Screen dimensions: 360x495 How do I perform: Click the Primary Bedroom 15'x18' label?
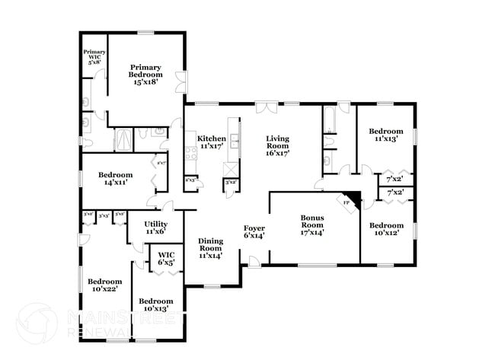pos(145,75)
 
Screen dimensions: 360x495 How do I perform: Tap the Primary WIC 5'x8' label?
pos(94,58)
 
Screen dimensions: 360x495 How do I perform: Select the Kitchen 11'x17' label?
pos(212,143)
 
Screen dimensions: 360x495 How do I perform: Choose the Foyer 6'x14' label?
pos(254,232)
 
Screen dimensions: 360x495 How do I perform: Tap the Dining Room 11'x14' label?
pos(210,248)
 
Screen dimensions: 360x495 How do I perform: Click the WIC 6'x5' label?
pos(166,259)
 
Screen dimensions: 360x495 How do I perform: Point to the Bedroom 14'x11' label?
pos(115,179)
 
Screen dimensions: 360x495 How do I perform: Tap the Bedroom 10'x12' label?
pos(386,229)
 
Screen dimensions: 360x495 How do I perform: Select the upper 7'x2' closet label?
pos(395,179)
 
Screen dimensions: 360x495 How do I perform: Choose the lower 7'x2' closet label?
pos(395,193)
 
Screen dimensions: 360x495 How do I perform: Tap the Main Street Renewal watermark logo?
pos(37,322)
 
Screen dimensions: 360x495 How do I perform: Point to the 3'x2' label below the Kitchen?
pos(230,183)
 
